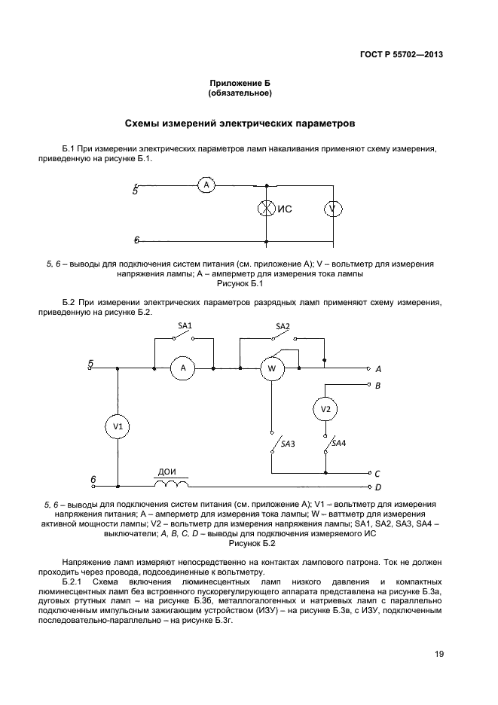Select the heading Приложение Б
pos(239,84)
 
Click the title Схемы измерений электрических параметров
pos(239,122)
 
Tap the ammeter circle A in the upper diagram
pos(206,185)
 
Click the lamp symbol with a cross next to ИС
pos(266,209)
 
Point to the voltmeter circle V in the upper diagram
pos(333,209)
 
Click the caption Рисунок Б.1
pos(239,283)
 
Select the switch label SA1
pos(185,325)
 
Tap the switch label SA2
pos(283,326)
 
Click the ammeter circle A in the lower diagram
pos(182,368)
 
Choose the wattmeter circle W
pos(271,368)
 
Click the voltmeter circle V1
pos(118,426)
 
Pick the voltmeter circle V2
pos(325,408)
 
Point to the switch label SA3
pos(287,444)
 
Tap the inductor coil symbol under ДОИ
pos(172,483)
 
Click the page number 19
pos(438,653)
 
